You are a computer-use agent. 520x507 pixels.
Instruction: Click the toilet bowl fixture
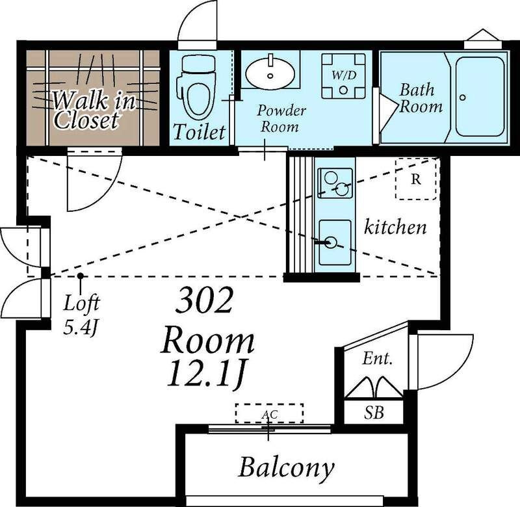(197, 87)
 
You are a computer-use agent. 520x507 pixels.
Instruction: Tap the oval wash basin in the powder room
(270, 73)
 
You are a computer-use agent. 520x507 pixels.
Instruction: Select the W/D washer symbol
(344, 76)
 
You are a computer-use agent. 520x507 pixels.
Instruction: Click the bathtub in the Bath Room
(480, 96)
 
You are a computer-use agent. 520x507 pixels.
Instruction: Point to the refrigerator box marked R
(416, 179)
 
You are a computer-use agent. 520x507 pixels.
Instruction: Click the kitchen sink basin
(335, 242)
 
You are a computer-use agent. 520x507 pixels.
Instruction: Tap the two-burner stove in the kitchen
(335, 183)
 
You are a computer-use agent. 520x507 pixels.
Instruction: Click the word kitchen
(395, 227)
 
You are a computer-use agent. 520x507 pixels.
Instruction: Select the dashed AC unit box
(269, 413)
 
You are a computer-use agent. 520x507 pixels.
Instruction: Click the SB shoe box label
(374, 413)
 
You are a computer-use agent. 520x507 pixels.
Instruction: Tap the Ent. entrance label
(378, 358)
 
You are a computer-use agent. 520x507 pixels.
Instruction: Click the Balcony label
(286, 468)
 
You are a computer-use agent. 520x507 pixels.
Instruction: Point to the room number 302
(204, 301)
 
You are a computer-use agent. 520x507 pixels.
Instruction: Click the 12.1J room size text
(207, 374)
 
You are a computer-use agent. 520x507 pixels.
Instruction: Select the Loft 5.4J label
(81, 315)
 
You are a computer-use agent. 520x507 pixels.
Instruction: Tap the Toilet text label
(200, 132)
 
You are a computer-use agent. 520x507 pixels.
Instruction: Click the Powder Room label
(281, 119)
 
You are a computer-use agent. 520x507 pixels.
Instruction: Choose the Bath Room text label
(421, 98)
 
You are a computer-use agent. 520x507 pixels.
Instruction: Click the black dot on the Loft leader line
(80, 276)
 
